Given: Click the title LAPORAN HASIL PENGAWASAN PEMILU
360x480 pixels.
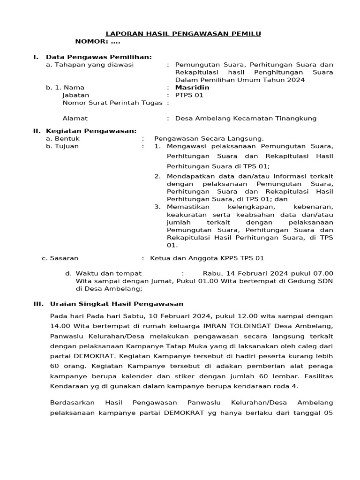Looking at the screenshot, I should (183, 33).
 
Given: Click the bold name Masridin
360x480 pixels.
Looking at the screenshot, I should (192, 87).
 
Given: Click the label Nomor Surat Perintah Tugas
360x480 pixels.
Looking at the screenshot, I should (112, 103).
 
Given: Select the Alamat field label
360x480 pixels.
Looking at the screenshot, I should (75, 118).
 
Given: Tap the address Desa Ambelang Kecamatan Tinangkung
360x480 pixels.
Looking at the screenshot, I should (246, 118).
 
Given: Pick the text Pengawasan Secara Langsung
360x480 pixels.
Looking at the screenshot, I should (209, 138).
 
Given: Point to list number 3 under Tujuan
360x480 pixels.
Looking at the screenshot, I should (157, 207).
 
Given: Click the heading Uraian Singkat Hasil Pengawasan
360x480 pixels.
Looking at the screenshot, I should (116, 304).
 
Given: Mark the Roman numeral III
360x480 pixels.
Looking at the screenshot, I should (38, 304).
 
